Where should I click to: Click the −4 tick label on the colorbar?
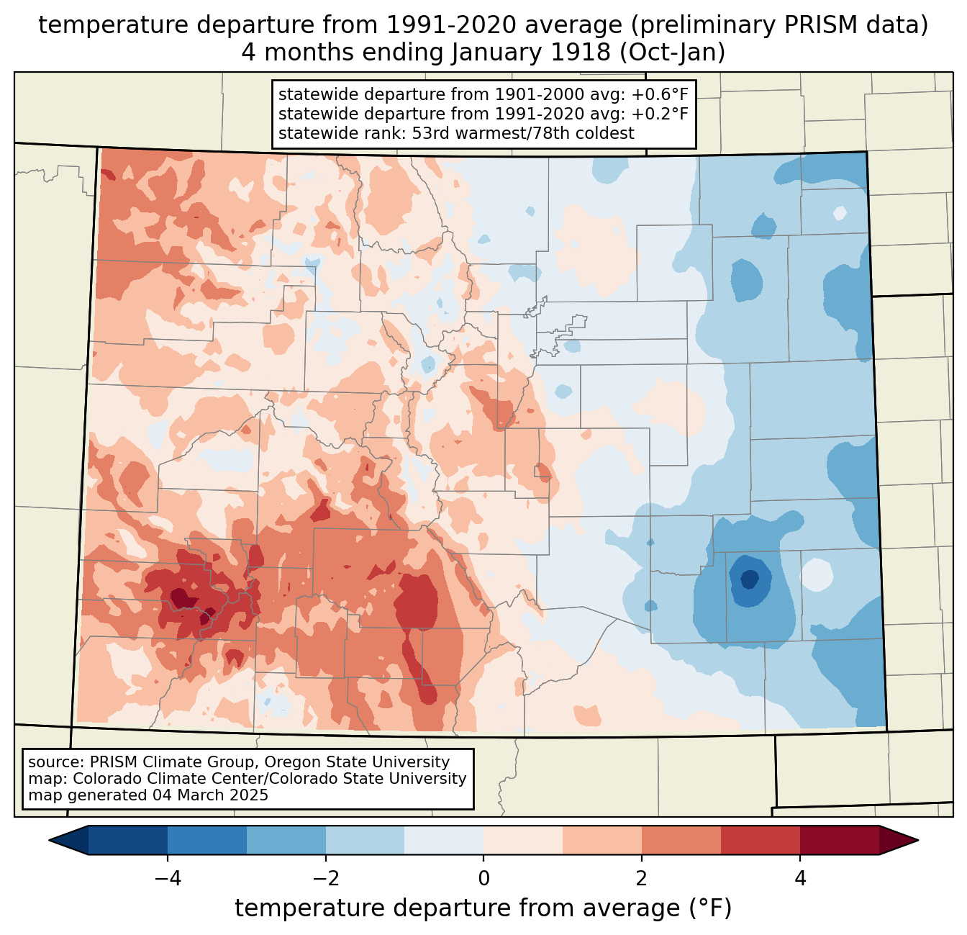click(167, 878)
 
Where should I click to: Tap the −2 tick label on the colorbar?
click(325, 878)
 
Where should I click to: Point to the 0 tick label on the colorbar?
click(484, 878)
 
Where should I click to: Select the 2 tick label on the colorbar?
click(642, 878)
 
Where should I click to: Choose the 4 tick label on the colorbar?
click(800, 878)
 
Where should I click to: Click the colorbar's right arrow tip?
click(916, 840)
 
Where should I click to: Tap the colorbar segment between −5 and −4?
click(128, 840)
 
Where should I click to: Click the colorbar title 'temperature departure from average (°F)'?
click(484, 908)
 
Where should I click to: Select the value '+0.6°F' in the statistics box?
click(660, 95)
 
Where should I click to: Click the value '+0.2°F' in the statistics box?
click(660, 114)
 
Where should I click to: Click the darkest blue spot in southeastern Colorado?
click(749, 579)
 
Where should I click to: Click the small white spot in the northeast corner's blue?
click(839, 213)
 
